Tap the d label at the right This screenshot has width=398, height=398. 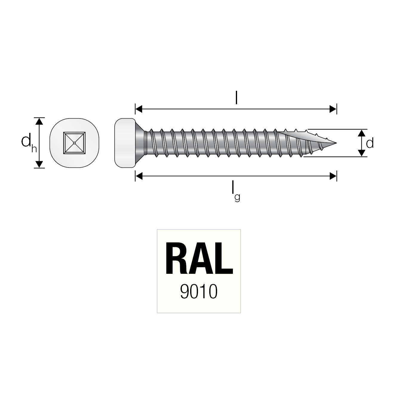point(370,143)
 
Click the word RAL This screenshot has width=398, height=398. point(199,259)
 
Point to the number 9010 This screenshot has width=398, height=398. point(199,292)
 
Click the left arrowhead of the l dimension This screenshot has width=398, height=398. point(139,109)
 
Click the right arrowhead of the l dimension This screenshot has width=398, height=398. point(333,109)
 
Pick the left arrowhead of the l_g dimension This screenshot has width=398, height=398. point(139,176)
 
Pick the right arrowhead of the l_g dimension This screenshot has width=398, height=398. point(333,176)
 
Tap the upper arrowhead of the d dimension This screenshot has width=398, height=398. point(362,133)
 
